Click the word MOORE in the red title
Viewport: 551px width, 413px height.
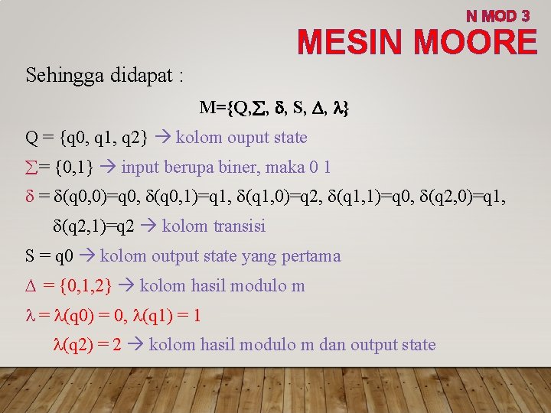tap(474, 42)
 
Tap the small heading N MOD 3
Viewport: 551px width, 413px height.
tap(497, 15)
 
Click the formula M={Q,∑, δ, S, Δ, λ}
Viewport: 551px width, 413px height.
tap(273, 109)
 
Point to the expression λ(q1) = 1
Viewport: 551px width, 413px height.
tap(165, 315)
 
